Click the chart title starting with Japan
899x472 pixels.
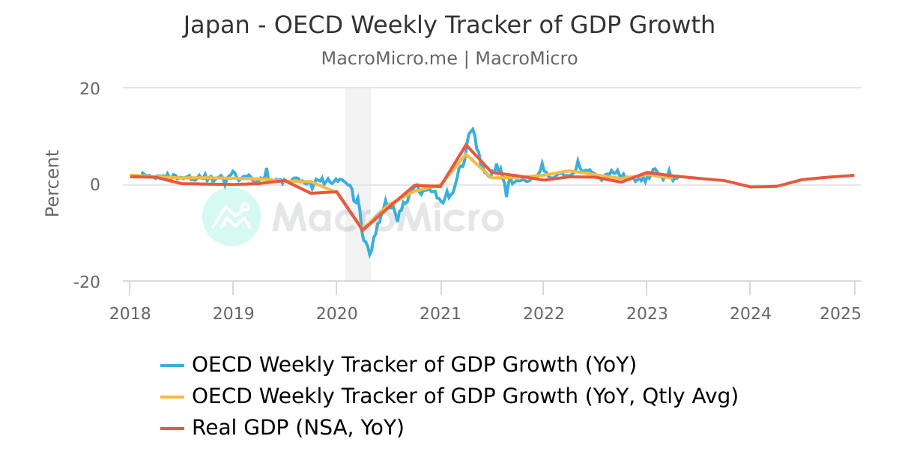pyautogui.click(x=449, y=25)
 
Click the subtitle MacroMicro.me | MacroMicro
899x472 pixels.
pyautogui.click(x=449, y=58)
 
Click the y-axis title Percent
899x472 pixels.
pyautogui.click(x=52, y=184)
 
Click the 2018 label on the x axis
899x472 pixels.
pyautogui.click(x=130, y=313)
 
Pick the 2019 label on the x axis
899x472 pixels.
pyautogui.click(x=233, y=313)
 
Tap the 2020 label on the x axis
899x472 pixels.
pyautogui.click(x=336, y=313)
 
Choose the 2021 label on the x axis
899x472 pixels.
pyautogui.click(x=441, y=313)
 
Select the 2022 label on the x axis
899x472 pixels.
pyautogui.click(x=543, y=313)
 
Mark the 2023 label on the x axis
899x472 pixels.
pyautogui.click(x=647, y=313)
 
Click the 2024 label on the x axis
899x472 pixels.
pyautogui.click(x=750, y=313)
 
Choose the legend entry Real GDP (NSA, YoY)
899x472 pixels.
pyautogui.click(x=297, y=428)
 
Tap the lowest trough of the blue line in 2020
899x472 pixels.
pyautogui.click(x=369, y=255)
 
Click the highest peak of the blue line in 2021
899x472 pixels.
pyautogui.click(x=473, y=129)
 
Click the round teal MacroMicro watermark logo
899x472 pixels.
pyautogui.click(x=231, y=217)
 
